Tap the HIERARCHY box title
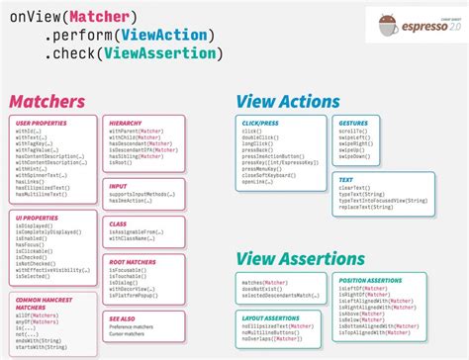click(126, 123)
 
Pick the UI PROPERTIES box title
click(36, 217)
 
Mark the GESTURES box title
click(354, 123)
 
